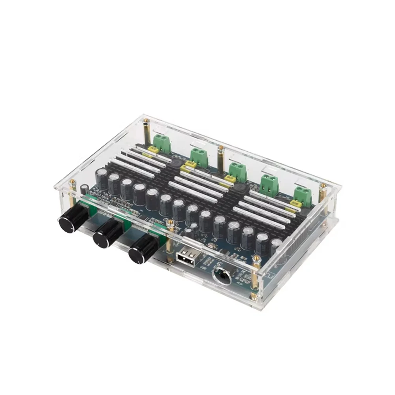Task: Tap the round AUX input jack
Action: pos(222,276)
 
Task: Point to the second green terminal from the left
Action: pos(199,157)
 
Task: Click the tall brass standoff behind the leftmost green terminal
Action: pos(147,132)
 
